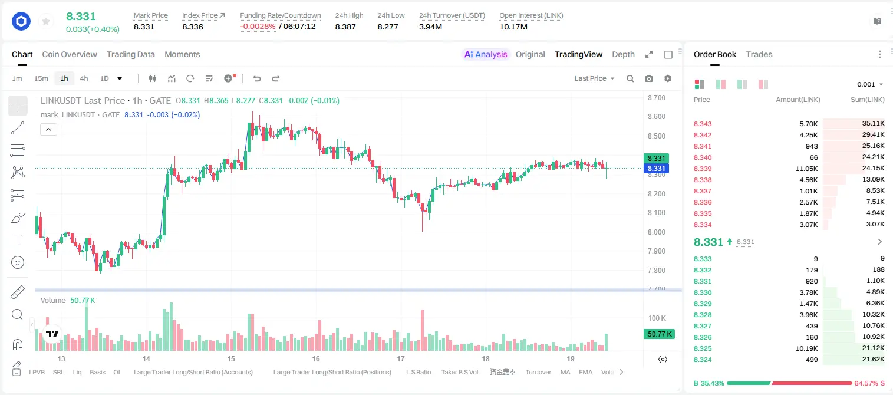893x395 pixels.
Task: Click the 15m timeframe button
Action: pos(41,78)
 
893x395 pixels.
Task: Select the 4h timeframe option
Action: pos(84,78)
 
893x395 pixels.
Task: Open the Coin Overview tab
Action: pos(70,55)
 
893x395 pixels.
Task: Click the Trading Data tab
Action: pos(130,55)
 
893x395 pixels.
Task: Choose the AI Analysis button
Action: pos(486,55)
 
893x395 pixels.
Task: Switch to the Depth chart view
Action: pos(623,55)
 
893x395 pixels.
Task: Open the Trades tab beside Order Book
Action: pos(759,55)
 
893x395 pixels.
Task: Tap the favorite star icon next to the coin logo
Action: pos(46,22)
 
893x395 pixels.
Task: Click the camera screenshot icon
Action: pos(649,78)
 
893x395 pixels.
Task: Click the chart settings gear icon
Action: pos(668,78)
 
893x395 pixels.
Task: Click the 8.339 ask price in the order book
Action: pos(703,169)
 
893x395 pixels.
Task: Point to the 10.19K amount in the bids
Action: pos(806,348)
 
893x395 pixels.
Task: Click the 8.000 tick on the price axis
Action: pos(656,232)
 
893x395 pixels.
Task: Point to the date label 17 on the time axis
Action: pos(401,358)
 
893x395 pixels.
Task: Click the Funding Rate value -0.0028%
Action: pos(258,27)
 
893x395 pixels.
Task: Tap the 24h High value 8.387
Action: pos(345,27)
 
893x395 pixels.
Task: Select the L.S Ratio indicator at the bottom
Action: pos(419,372)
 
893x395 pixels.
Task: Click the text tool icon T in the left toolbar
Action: pos(18,240)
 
